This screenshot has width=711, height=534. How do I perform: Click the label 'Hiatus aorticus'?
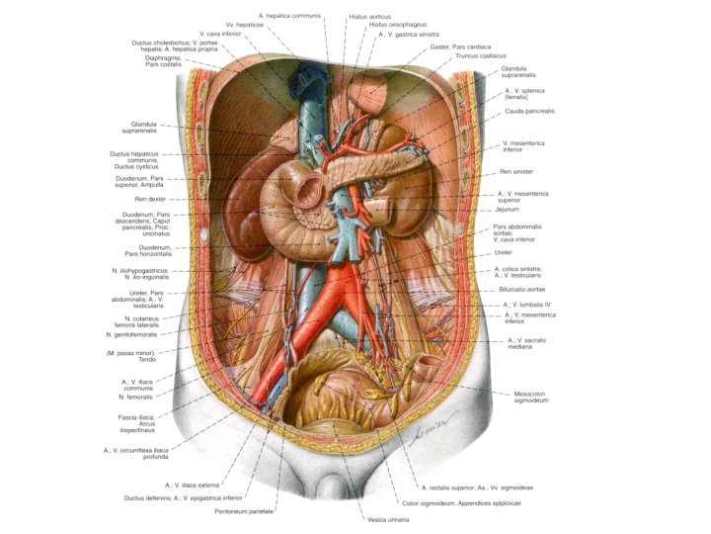(x=370, y=16)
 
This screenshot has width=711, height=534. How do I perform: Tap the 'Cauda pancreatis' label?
(x=529, y=112)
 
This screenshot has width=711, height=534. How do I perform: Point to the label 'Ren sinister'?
(x=516, y=172)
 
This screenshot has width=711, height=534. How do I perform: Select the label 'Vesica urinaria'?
(x=387, y=519)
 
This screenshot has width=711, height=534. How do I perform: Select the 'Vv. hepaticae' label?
(x=242, y=24)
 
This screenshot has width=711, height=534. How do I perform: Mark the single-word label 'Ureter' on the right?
(x=504, y=252)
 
